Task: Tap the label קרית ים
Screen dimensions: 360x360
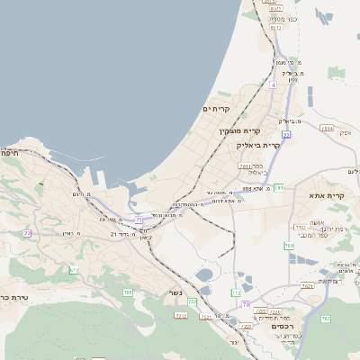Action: [x=217, y=109]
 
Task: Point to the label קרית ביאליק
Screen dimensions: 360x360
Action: [x=259, y=144]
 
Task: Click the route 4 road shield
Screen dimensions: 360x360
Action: [x=272, y=85]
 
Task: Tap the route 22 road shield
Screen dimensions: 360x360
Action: [x=286, y=134]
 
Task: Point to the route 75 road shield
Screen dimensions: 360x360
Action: [x=139, y=219]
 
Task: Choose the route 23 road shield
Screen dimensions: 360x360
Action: [x=28, y=233]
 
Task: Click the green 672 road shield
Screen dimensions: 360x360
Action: [x=74, y=270]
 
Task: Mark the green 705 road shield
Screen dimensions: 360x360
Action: [x=128, y=292]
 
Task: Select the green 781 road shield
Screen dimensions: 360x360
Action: [x=280, y=187]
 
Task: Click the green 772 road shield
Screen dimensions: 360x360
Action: [x=237, y=292]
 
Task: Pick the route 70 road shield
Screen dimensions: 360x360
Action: [x=247, y=303]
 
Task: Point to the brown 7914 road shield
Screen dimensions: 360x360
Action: [x=327, y=130]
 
